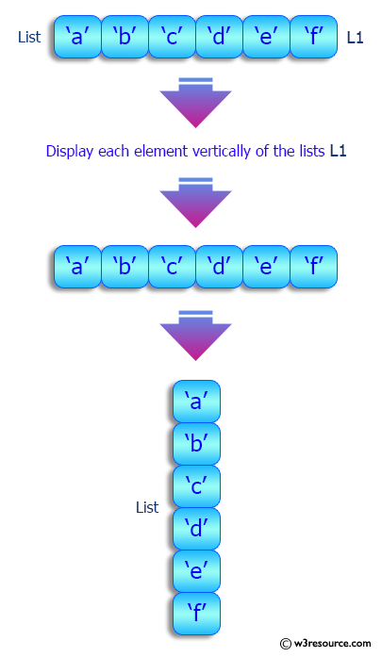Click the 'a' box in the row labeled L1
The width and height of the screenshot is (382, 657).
pyautogui.click(x=76, y=38)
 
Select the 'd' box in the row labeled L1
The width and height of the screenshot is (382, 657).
pyautogui.click(x=219, y=38)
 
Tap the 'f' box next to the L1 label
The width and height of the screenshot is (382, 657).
pyautogui.click(x=313, y=38)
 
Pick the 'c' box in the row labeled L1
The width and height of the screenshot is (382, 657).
pyautogui.click(x=171, y=38)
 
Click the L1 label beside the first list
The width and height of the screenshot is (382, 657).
pyautogui.click(x=355, y=39)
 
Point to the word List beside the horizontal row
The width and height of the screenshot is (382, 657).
pyautogui.click(x=29, y=38)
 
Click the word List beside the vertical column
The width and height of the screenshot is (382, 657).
pyautogui.click(x=147, y=507)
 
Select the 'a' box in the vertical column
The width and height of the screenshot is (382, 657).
pyautogui.click(x=196, y=402)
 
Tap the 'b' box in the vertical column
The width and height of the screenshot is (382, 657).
pyautogui.click(x=196, y=444)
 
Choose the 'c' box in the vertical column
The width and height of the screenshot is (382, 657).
pyautogui.click(x=196, y=486)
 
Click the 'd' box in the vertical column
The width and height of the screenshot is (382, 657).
pyautogui.click(x=196, y=528)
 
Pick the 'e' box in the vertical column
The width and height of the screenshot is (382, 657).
pyautogui.click(x=196, y=570)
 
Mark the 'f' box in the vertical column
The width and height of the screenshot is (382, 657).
pyautogui.click(x=196, y=613)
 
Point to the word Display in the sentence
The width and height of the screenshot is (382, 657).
pyautogui.click(x=69, y=151)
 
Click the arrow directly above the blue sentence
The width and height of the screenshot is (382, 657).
pyautogui.click(x=195, y=102)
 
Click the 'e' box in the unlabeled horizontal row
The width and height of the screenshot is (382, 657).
pyautogui.click(x=266, y=266)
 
